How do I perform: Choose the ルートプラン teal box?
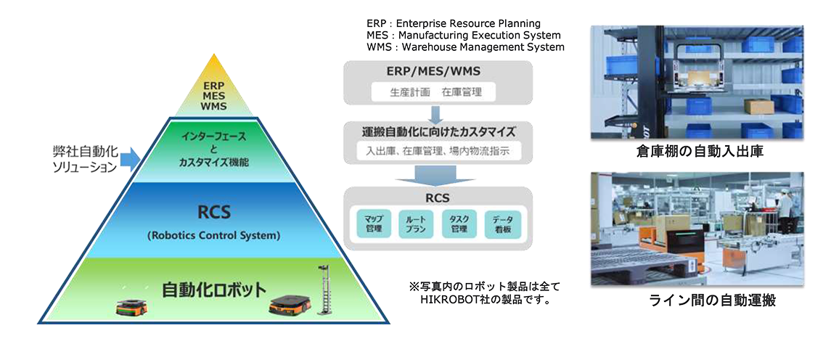pos(417,223)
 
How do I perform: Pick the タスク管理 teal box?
pos(459,223)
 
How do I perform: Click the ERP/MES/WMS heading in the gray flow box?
pos(438,71)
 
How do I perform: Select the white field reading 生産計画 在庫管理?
pos(437,92)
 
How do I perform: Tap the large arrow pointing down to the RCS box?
pos(436,174)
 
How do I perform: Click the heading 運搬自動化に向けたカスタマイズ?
pos(438,133)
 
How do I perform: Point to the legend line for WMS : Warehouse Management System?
pos(465,47)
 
